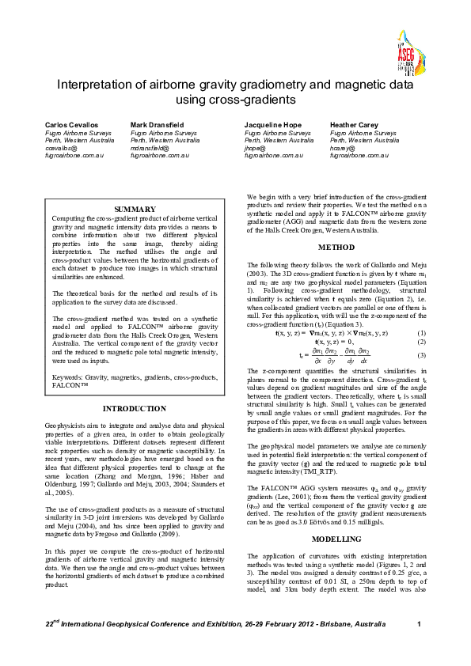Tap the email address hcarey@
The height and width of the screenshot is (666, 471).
coord(343,148)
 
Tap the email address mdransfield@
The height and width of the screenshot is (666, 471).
coord(150,148)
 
